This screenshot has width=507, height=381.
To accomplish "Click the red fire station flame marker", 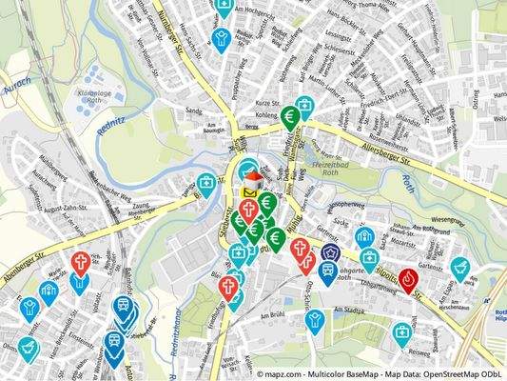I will tap(410, 279).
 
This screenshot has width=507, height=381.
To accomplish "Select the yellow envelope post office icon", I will tap(249, 192).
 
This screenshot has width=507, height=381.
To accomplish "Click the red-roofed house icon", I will tap(253, 177).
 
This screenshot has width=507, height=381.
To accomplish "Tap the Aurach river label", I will tap(18, 85).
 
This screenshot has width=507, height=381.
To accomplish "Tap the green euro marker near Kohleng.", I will tap(290, 116).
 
